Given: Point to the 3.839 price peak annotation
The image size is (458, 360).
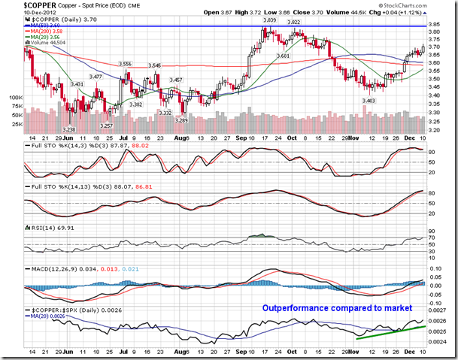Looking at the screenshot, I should [272, 21].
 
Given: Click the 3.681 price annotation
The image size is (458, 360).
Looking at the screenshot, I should [283, 56].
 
